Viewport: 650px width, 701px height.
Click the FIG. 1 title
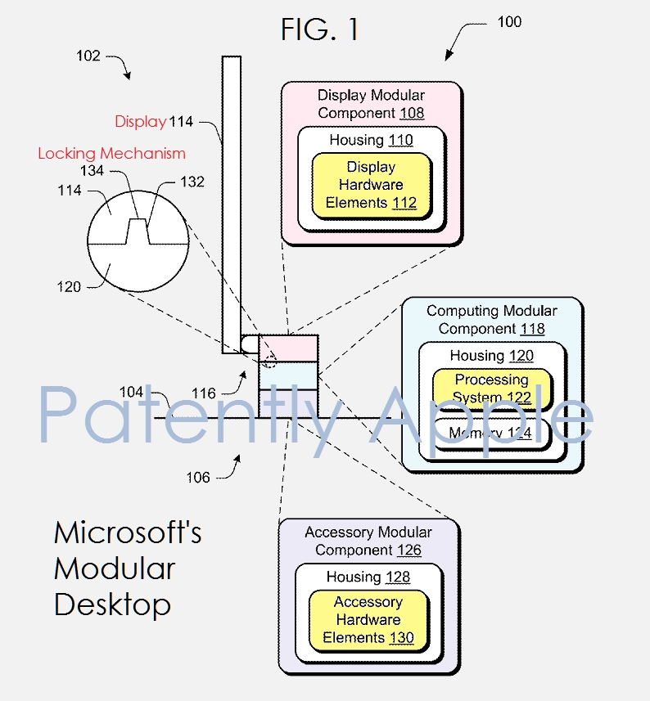pyautogui.click(x=319, y=29)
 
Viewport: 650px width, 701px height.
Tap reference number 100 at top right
pyautogui.click(x=508, y=22)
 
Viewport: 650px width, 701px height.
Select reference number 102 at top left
pyautogui.click(x=88, y=56)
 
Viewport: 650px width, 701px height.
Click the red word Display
pyautogui.click(x=140, y=122)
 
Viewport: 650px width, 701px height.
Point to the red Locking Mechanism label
pyautogui.click(x=111, y=154)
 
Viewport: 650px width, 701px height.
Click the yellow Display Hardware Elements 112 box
pyautogui.click(x=371, y=185)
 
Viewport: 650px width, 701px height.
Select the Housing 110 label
pyautogui.click(x=371, y=141)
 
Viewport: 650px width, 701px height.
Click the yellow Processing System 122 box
pyautogui.click(x=491, y=389)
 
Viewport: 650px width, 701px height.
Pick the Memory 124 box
pyautogui.click(x=491, y=433)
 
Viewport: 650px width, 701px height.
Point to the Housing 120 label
pyautogui.click(x=491, y=356)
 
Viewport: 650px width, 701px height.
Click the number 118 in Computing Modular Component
pyautogui.click(x=531, y=329)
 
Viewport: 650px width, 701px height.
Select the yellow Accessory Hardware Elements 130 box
pyautogui.click(x=368, y=620)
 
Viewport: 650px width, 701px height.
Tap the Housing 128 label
pyautogui.click(x=368, y=577)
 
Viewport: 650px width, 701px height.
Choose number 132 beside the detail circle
pyautogui.click(x=192, y=182)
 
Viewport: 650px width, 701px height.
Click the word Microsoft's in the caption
pyautogui.click(x=128, y=533)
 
